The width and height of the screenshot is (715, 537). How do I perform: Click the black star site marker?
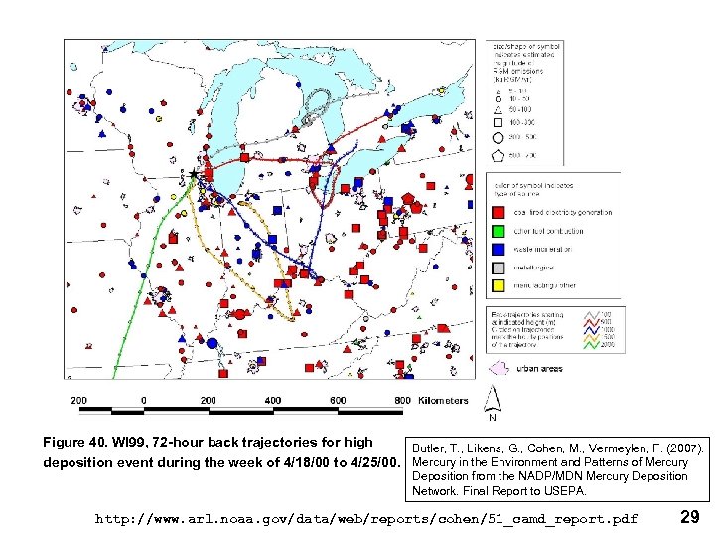(x=195, y=175)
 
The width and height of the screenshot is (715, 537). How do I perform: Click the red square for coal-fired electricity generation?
(x=499, y=213)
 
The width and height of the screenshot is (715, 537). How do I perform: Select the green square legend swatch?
(x=499, y=231)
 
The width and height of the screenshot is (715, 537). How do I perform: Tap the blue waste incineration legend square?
(x=499, y=249)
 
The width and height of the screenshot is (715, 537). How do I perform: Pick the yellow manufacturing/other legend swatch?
(x=499, y=285)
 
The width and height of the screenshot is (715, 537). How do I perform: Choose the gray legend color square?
(x=499, y=268)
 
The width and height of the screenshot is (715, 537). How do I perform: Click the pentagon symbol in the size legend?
(x=498, y=155)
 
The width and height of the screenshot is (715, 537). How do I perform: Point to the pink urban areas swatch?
(x=500, y=369)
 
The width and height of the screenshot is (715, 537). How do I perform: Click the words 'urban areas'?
(x=541, y=369)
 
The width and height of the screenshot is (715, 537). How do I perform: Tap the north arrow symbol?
(x=491, y=401)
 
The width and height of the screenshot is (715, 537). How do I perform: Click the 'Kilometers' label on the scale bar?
(x=443, y=401)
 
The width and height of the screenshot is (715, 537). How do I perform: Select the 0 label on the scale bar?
(x=144, y=401)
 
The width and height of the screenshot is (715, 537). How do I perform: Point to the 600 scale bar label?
(x=338, y=401)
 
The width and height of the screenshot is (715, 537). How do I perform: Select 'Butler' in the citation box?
(x=429, y=449)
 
